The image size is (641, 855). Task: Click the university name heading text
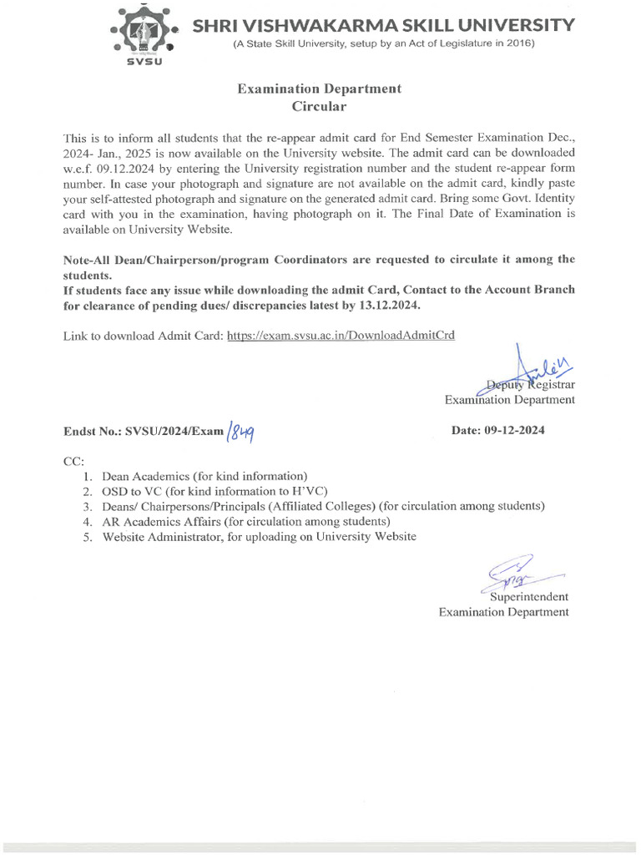click(x=383, y=25)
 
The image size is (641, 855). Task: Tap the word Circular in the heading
click(x=318, y=106)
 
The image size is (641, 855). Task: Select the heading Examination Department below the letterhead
click(x=319, y=89)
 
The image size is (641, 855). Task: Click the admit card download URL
click(x=341, y=335)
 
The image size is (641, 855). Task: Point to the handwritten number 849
click(x=240, y=432)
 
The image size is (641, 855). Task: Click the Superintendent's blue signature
click(x=514, y=574)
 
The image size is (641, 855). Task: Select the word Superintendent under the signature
click(x=529, y=596)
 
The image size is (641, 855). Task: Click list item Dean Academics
click(x=205, y=475)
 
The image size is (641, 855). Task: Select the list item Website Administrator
click(x=259, y=537)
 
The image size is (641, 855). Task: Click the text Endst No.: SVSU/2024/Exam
click(x=144, y=432)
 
